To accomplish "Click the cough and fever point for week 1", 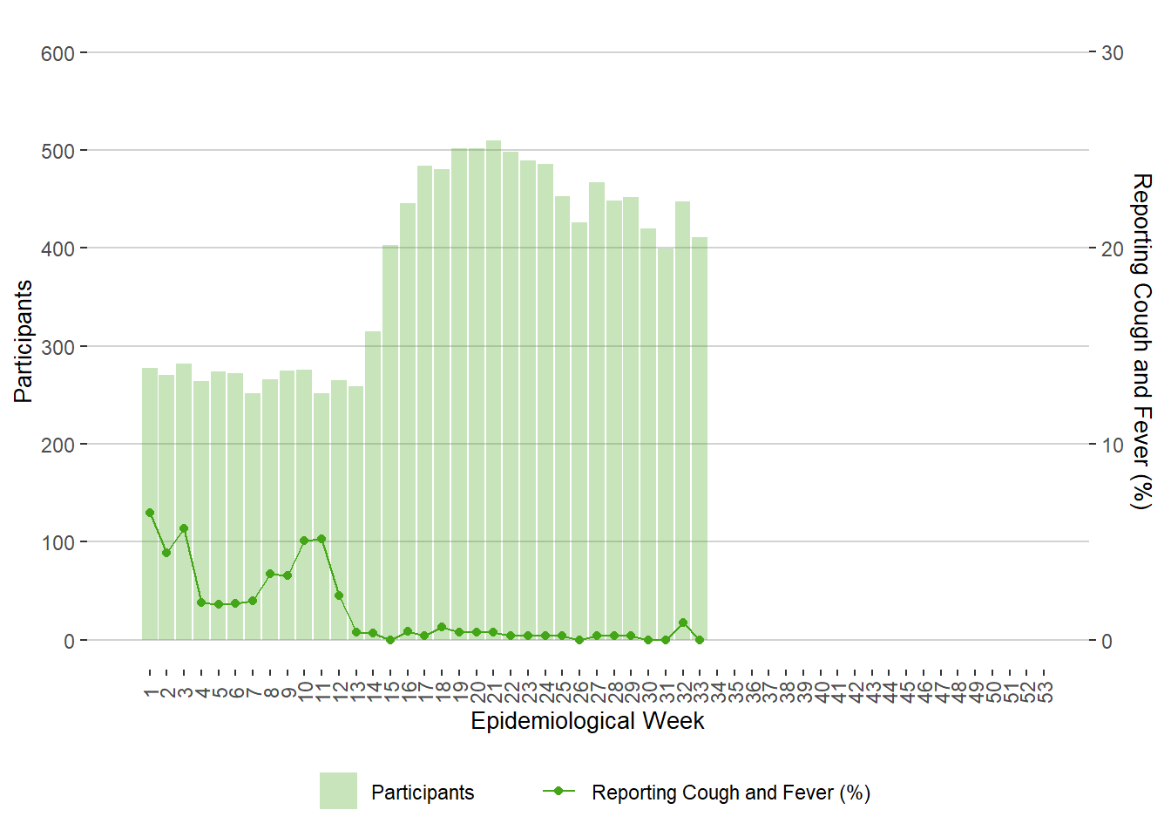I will tap(150, 513).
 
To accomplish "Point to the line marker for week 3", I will tap(184, 528).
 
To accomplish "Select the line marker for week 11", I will tap(322, 539).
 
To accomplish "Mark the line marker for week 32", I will tap(683, 623).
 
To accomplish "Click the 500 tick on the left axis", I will tap(58, 151).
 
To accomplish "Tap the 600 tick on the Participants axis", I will tap(58, 53).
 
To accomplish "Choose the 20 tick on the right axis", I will tap(1113, 248).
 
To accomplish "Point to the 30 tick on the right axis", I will tap(1113, 53).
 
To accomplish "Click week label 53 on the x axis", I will tap(1046, 691).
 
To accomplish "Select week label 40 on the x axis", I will tap(821, 691).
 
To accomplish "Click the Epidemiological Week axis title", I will tap(587, 721).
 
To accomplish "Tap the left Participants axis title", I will tap(24, 341).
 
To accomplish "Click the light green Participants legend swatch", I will tap(338, 791).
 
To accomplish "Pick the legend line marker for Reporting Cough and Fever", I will tap(558, 791).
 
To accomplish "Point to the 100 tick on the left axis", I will tap(58, 542).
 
